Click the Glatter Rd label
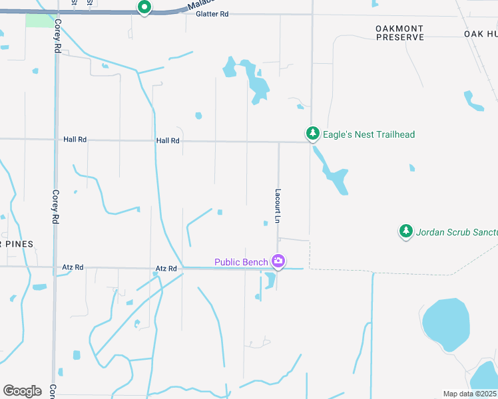212,14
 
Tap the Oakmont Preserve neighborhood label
399,33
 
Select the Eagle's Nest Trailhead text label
368,134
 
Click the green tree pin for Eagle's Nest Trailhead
312,133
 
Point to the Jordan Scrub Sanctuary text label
457,232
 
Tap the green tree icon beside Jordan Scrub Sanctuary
405,231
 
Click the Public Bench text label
241,262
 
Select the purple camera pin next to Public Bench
278,262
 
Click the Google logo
22,391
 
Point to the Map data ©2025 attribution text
469,394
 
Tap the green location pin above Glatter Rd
144,7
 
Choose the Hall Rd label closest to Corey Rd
75,140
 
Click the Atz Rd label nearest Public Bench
166,268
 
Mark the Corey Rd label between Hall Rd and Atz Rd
56,205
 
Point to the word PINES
20,244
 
